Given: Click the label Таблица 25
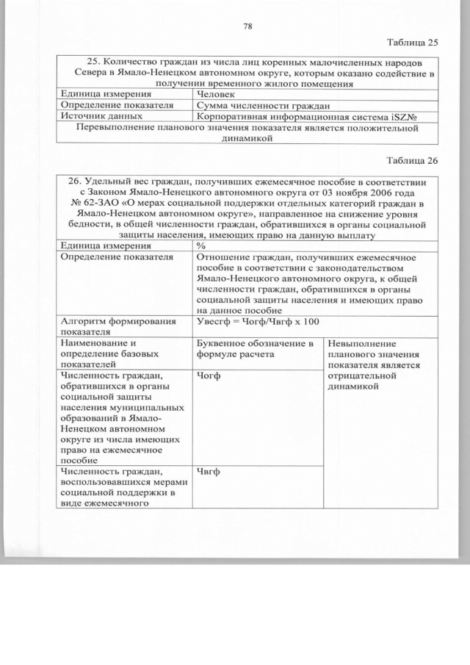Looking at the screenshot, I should point(411,43).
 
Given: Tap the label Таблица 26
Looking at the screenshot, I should point(411,163).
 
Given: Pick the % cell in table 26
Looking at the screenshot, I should point(201,245).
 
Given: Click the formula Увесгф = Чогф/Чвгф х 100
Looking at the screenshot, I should point(255,323).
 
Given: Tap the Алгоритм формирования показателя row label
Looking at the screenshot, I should point(107,327).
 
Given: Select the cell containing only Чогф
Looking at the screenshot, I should point(209,375).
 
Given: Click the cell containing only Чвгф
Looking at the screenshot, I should point(209,472).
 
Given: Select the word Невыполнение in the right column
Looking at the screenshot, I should point(362,343).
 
